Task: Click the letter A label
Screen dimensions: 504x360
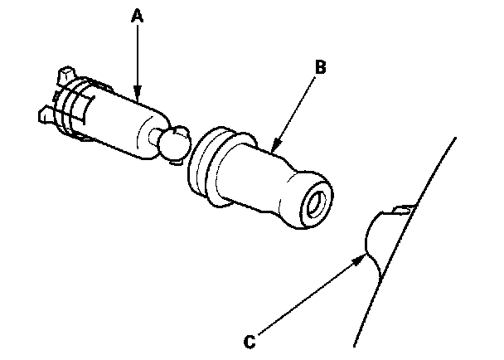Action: [x=138, y=15]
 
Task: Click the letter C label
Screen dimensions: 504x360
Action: [x=249, y=340]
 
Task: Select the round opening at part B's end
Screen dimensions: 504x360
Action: [x=316, y=202]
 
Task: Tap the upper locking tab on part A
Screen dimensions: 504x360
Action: [x=65, y=76]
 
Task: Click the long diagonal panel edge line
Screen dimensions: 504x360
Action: [x=406, y=241]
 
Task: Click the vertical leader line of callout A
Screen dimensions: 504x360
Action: [x=138, y=58]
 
